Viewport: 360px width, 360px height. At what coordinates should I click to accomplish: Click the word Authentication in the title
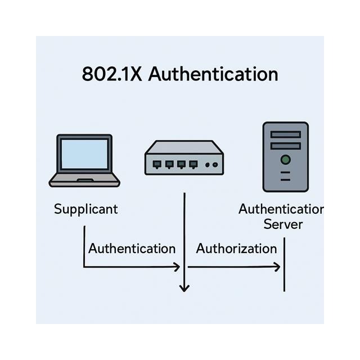[x=213, y=74]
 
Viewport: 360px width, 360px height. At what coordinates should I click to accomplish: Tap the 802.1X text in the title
[x=112, y=74]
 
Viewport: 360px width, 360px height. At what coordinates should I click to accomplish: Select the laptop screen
[x=84, y=154]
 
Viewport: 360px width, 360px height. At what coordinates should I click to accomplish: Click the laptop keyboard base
[x=84, y=181]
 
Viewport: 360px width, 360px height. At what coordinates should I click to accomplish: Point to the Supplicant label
[x=86, y=209]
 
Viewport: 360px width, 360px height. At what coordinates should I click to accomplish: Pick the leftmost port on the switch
[x=157, y=164]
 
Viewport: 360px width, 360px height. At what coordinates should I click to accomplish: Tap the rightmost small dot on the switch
[x=215, y=165]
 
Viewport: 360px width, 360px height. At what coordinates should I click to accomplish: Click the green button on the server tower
[x=285, y=160]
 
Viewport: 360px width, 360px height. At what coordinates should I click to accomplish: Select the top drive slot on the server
[x=285, y=134]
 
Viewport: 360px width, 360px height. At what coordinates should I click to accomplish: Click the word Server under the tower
[x=283, y=224]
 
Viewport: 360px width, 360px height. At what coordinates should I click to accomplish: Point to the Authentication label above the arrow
[x=132, y=248]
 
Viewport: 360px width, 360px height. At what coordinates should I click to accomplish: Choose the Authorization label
[x=236, y=248]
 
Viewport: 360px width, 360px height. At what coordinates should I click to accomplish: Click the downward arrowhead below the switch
[x=184, y=288]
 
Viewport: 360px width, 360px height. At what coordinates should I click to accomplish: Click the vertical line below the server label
[x=284, y=264]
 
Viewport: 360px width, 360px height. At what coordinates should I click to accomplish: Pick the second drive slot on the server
[x=285, y=146]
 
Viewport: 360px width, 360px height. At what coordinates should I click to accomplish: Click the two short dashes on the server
[x=285, y=176]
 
